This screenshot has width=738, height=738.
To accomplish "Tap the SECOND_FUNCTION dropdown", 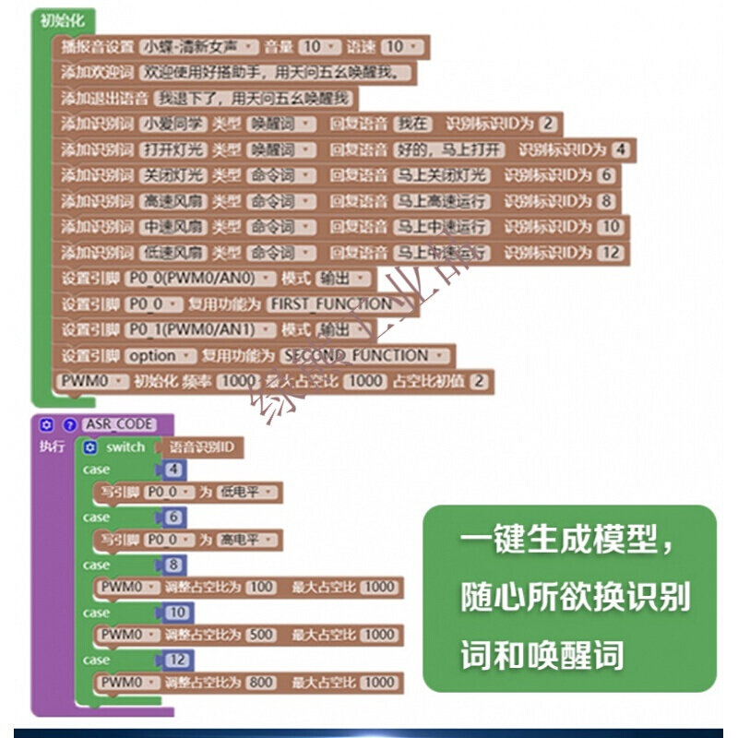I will [365, 355].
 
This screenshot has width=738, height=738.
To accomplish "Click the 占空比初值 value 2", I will [479, 381].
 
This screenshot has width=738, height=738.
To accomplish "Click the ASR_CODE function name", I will [120, 424].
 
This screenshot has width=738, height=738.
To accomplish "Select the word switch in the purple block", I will [125, 447].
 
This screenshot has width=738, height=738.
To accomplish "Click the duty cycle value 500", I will [261, 635].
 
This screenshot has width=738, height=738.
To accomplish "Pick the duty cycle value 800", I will [261, 683].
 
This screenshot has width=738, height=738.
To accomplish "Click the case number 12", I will [177, 661].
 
